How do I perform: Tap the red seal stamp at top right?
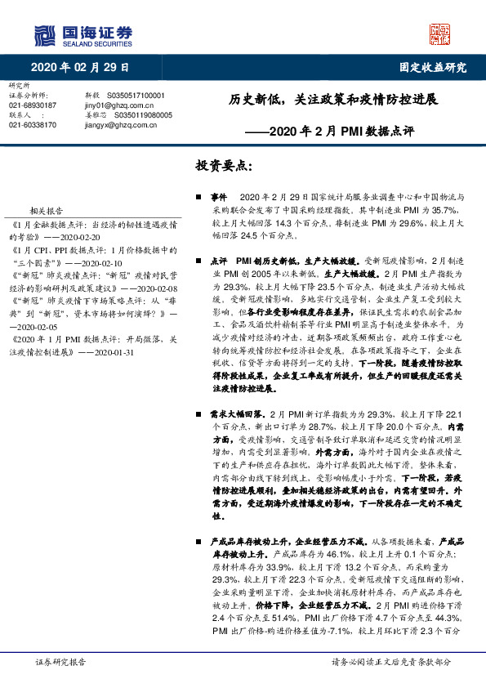439,34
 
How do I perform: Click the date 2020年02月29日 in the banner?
81,67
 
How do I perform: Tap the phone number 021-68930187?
33,105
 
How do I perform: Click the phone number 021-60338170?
33,125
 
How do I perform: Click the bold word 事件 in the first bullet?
218,198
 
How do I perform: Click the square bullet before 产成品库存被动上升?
199,542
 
